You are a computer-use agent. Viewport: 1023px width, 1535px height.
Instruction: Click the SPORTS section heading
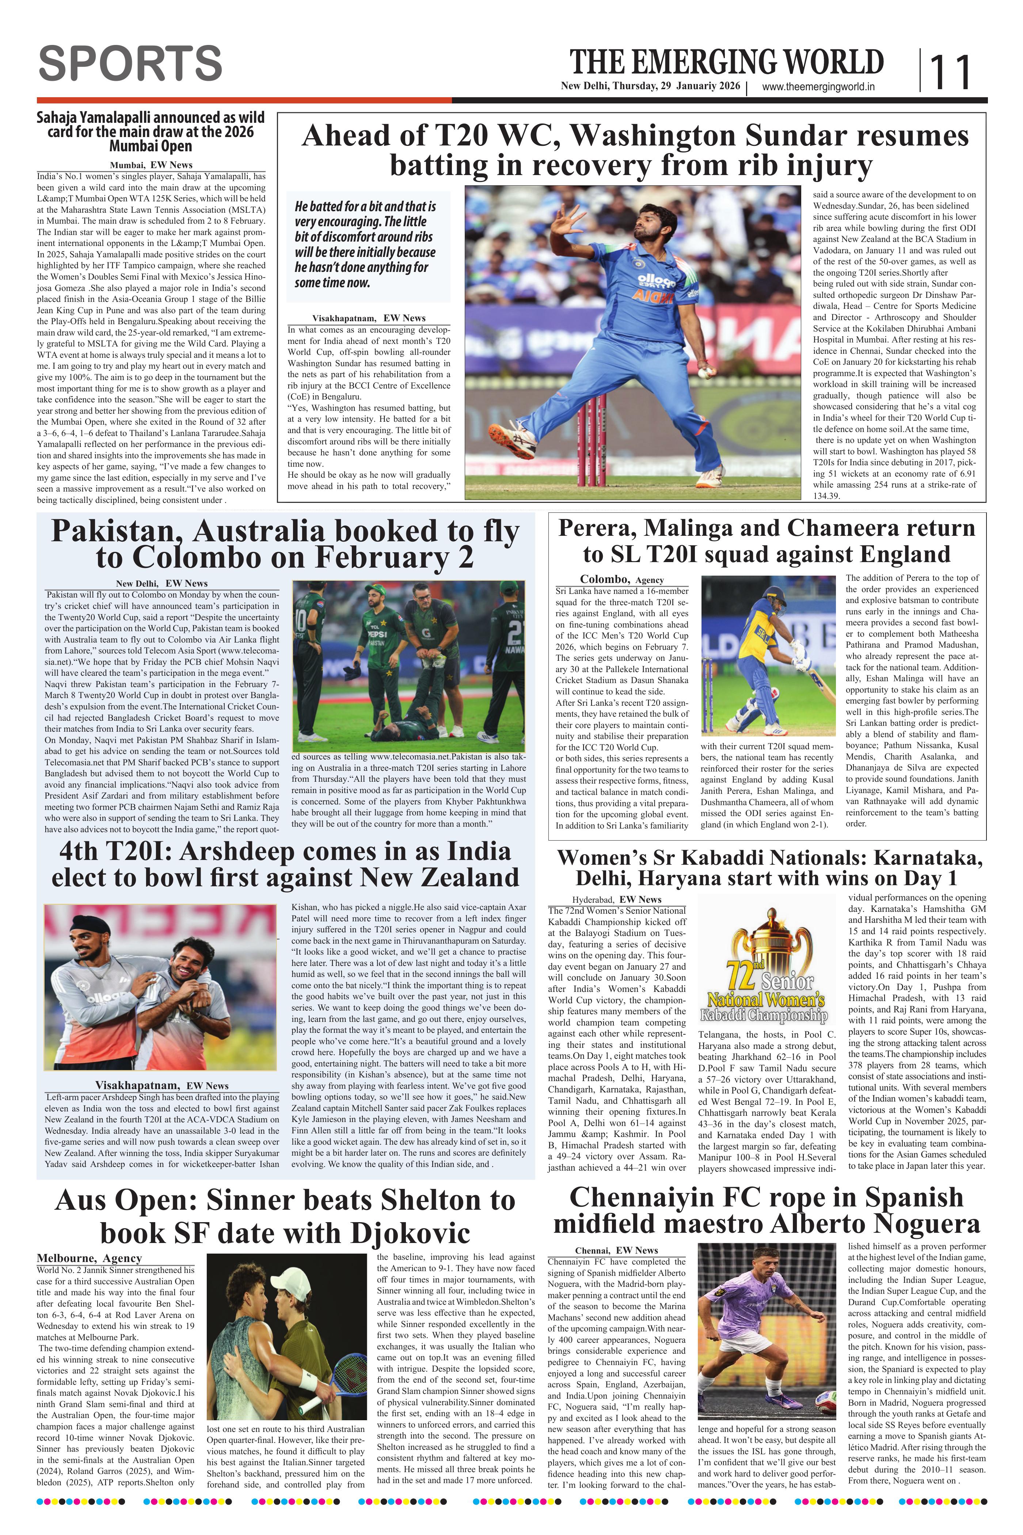(x=130, y=63)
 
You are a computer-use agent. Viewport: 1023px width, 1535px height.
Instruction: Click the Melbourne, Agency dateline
(x=89, y=1258)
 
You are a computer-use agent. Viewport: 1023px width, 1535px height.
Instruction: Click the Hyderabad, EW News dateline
(x=617, y=899)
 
